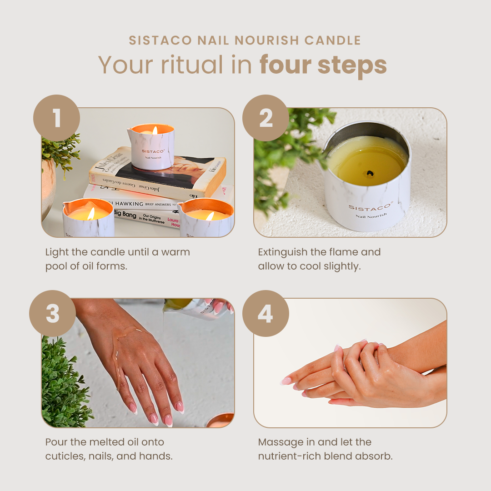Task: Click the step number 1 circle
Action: (x=56, y=118)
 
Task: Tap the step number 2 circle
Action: (x=266, y=118)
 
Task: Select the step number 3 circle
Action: (x=52, y=314)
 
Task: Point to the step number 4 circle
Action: (x=266, y=314)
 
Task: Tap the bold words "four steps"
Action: (x=323, y=65)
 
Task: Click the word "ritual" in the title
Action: (x=191, y=65)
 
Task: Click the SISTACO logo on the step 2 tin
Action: (x=370, y=207)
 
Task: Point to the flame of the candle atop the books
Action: (x=155, y=130)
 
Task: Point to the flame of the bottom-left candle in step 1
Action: (x=90, y=213)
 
